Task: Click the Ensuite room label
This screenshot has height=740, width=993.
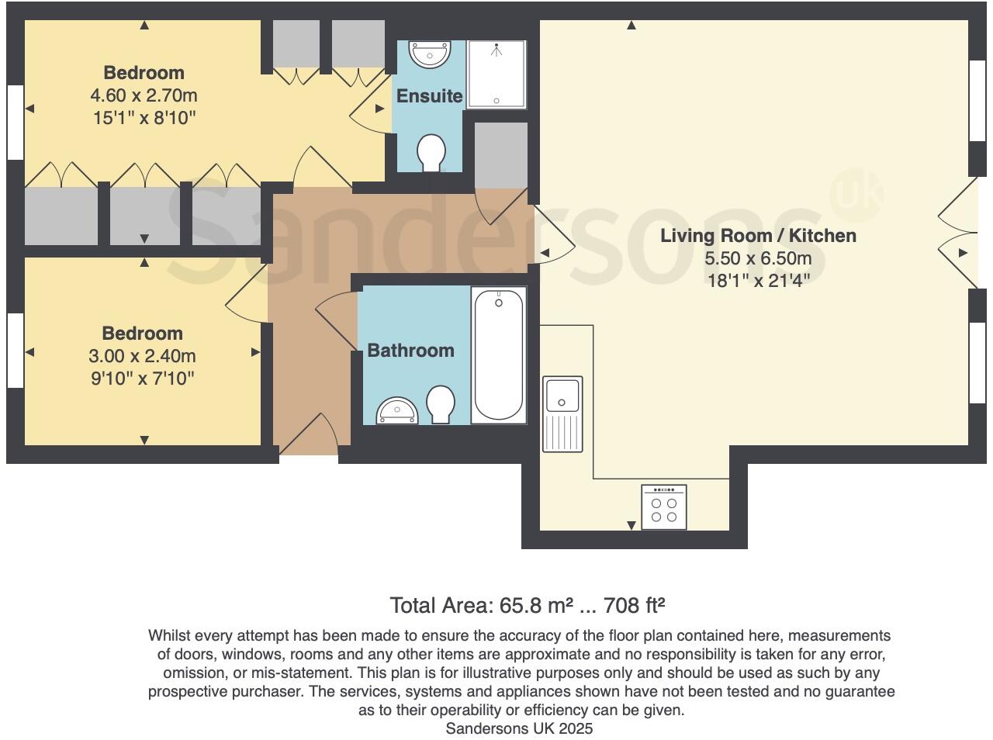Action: [x=429, y=96]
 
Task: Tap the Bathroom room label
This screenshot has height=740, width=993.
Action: [x=410, y=351]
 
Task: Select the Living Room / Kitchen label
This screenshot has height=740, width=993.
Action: [x=758, y=236]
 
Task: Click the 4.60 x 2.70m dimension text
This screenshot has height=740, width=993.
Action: [x=144, y=96]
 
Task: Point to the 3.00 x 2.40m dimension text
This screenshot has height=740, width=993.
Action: [x=143, y=357]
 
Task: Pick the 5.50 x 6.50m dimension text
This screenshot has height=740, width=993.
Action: [x=758, y=258]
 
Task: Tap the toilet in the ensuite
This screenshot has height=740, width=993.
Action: [x=431, y=153]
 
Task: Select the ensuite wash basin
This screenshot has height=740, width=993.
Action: [x=430, y=55]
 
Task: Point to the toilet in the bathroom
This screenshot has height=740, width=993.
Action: [x=441, y=405]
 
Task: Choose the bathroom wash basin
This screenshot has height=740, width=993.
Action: [x=397, y=411]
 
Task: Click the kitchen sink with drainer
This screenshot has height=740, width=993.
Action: [x=563, y=413]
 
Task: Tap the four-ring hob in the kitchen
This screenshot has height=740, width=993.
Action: [x=664, y=507]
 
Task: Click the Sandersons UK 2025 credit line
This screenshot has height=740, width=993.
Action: [x=519, y=728]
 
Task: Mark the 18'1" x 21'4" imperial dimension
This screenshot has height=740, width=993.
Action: [x=758, y=280]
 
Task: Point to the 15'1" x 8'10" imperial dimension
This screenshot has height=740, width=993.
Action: [x=144, y=119]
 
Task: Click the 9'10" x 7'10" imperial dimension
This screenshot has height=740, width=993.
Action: [x=143, y=379]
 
